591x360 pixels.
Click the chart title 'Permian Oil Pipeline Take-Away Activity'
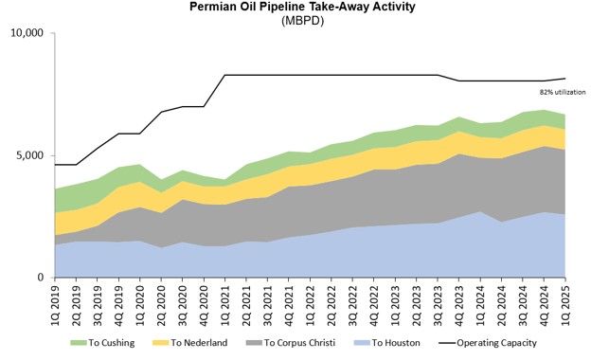click(302, 7)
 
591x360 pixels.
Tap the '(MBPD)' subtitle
click(302, 21)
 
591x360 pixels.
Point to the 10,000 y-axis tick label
click(27, 33)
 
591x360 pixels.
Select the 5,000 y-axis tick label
click(30, 155)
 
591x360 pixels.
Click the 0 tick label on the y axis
click(41, 277)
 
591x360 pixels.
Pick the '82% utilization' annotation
click(563, 92)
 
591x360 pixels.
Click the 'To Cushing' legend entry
click(102, 343)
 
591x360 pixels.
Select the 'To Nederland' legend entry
click(190, 343)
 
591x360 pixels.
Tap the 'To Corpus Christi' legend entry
click(290, 343)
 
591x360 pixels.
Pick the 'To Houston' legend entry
click(386, 343)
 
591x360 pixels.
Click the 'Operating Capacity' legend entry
click(488, 343)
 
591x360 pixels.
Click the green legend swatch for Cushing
click(79, 343)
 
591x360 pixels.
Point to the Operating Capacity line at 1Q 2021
click(225, 75)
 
